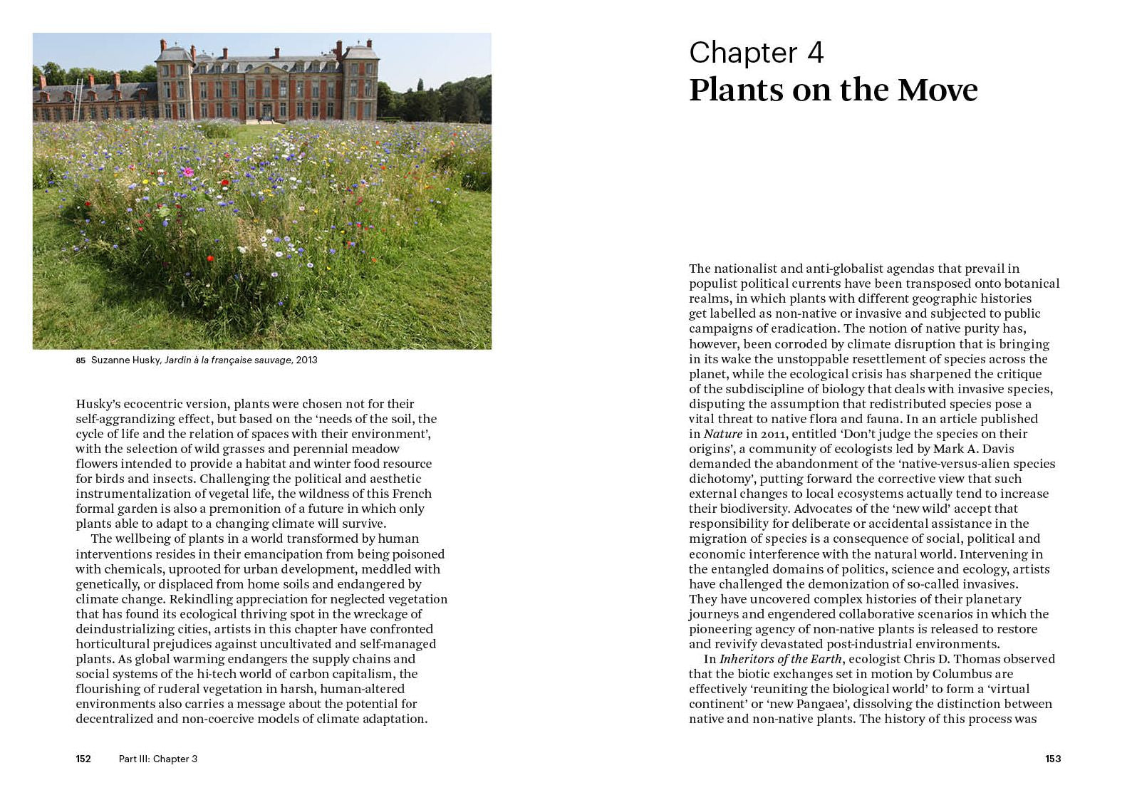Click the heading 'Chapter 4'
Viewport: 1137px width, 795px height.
(756, 53)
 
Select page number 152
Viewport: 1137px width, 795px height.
(83, 759)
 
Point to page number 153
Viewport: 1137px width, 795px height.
(1053, 759)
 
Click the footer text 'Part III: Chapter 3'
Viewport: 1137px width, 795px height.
(158, 759)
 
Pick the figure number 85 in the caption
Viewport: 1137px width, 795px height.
(81, 360)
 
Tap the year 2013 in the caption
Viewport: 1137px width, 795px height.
(306, 360)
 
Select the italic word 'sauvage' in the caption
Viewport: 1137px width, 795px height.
(274, 360)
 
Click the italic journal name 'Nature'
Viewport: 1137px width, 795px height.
(723, 434)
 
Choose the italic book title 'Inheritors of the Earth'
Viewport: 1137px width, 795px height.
(781, 659)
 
